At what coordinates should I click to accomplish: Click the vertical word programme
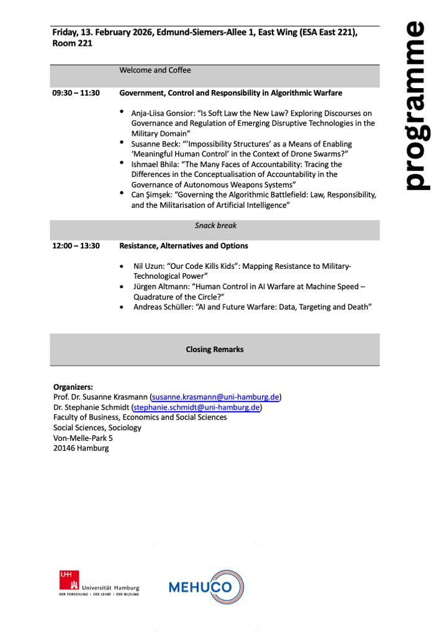[413, 106]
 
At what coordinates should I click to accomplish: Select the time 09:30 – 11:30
[76, 93]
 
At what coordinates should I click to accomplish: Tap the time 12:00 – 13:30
[76, 246]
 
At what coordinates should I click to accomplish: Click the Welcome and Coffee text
[155, 70]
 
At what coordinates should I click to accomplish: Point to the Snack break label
[215, 226]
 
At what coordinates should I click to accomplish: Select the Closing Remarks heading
[215, 350]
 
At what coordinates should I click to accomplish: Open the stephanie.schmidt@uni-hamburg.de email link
[196, 407]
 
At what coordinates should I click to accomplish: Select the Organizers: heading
[73, 386]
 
